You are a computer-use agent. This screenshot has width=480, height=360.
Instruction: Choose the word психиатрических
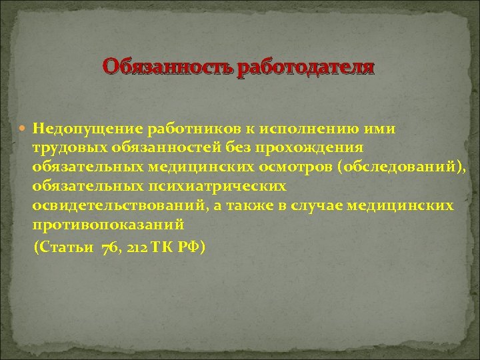(x=224, y=186)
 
